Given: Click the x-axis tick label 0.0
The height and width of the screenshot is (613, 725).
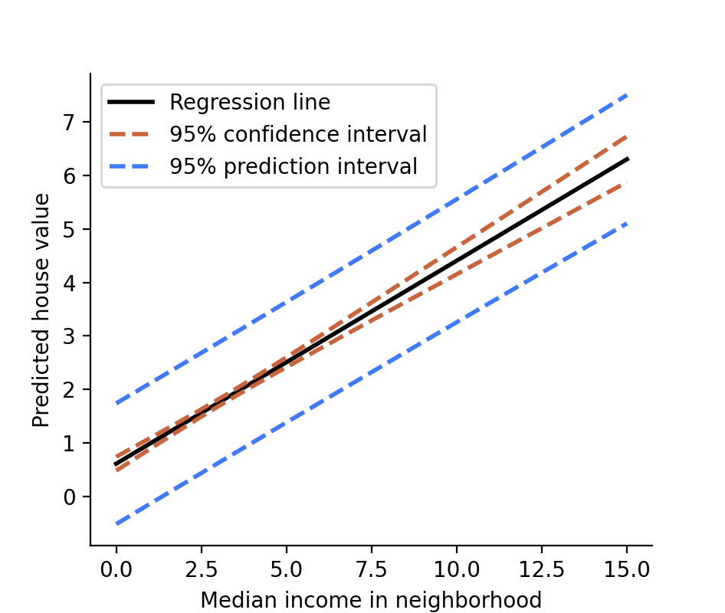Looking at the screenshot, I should (x=116, y=569).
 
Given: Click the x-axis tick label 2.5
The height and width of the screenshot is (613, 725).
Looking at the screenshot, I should (x=202, y=569).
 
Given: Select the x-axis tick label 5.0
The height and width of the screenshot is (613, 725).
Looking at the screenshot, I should (x=287, y=569).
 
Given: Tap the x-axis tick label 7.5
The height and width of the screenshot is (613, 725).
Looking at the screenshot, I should (x=372, y=569).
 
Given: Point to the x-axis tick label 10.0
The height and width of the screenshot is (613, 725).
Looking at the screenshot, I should (x=457, y=569).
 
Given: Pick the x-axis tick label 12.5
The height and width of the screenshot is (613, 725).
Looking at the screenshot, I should (x=542, y=569).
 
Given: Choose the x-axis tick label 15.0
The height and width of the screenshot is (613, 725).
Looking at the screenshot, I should (x=627, y=569).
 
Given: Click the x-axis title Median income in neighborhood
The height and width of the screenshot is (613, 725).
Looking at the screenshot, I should (x=371, y=600).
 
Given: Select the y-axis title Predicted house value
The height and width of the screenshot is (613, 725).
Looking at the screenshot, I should (x=41, y=310).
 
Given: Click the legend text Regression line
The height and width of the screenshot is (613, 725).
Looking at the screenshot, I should (x=250, y=103).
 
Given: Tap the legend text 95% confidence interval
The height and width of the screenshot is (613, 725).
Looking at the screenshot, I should (x=298, y=135).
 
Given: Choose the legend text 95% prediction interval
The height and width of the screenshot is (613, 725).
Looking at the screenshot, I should (x=294, y=167).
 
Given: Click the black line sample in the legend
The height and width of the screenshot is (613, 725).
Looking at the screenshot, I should (x=131, y=103).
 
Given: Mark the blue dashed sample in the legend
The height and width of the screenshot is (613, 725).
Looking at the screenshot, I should (x=131, y=167).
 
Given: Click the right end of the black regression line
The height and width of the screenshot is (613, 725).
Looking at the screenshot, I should (x=627, y=159).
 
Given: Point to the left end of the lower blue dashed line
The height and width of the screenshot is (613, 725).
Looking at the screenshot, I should (x=117, y=524).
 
